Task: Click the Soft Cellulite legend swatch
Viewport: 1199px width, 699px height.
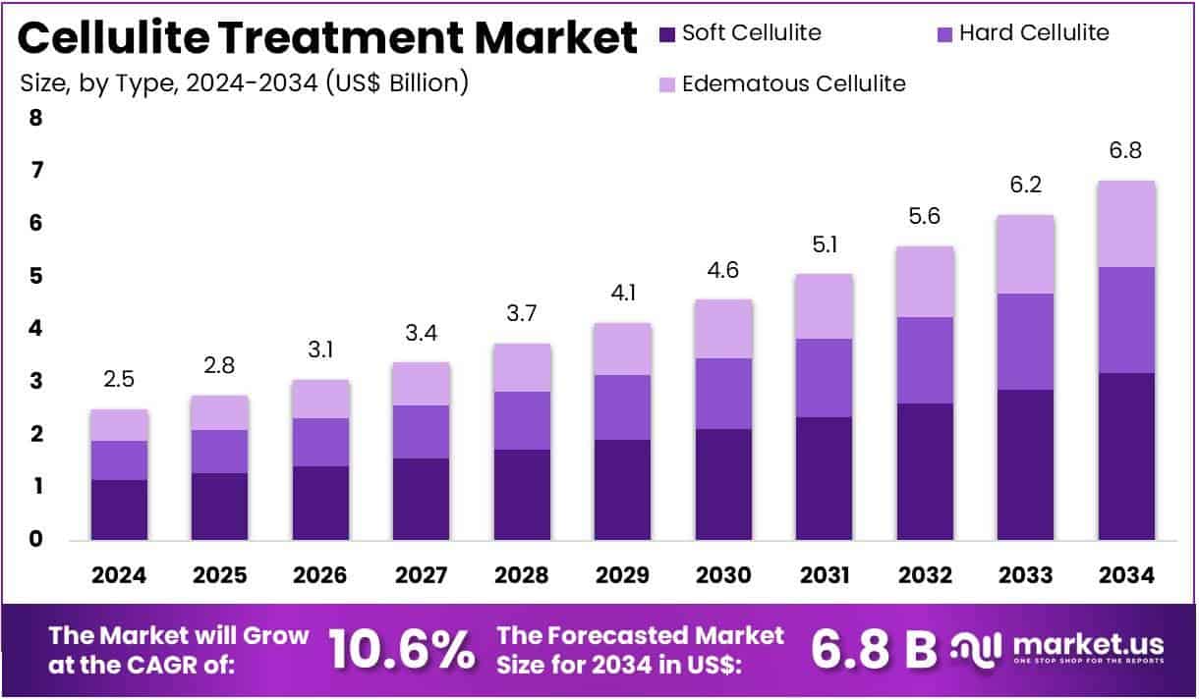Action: click(x=667, y=34)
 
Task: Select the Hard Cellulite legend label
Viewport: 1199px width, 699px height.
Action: click(x=1034, y=33)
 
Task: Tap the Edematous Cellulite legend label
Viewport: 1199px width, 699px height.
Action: click(x=794, y=83)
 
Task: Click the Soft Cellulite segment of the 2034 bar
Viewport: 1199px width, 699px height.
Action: click(x=1126, y=456)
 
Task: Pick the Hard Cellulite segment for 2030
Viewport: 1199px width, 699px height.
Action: click(x=723, y=394)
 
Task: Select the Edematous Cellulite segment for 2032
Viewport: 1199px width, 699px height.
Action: click(x=925, y=282)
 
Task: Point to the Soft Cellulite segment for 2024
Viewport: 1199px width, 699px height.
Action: click(x=119, y=510)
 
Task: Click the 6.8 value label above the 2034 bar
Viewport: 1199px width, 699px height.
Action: click(x=1126, y=151)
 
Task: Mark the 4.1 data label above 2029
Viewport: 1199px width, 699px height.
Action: click(x=622, y=293)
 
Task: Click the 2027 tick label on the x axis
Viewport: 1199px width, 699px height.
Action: click(x=421, y=575)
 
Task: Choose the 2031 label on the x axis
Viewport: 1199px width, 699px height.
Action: click(x=824, y=575)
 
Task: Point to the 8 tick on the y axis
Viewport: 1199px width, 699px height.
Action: click(x=36, y=119)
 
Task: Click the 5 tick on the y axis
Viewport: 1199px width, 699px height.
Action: click(x=36, y=277)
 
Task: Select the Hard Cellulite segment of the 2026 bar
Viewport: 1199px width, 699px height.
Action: click(x=320, y=442)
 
